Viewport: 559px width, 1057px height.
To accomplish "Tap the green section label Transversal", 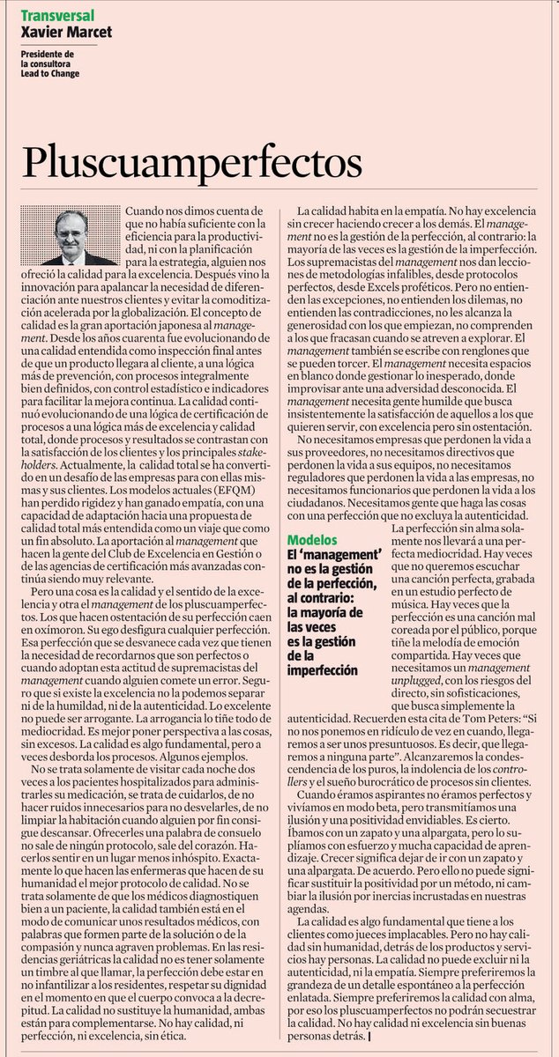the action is click(58, 16).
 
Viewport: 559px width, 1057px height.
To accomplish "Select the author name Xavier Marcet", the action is click(67, 33).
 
